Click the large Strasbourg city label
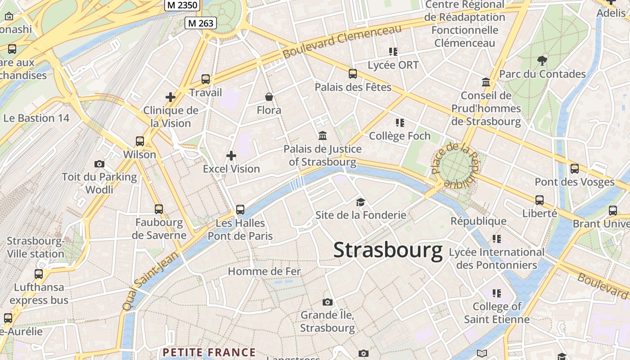click(x=388, y=250)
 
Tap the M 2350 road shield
click(x=182, y=5)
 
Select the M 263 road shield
click(x=201, y=23)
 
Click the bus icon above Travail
click(x=206, y=79)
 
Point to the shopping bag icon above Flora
click(x=269, y=97)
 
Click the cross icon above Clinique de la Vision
click(x=171, y=97)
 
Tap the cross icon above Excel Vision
click(x=231, y=156)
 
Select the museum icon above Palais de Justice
click(x=323, y=135)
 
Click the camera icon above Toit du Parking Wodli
click(x=99, y=164)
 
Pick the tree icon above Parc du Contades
click(x=542, y=60)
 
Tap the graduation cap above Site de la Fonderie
click(x=360, y=202)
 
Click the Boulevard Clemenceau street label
click(x=342, y=41)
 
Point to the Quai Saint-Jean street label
click(x=151, y=281)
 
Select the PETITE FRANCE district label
click(x=209, y=352)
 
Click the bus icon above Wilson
click(x=140, y=141)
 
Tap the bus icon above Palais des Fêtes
click(x=353, y=74)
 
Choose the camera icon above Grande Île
click(x=328, y=302)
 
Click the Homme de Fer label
click(x=264, y=271)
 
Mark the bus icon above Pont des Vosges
click(x=575, y=169)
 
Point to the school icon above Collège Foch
click(x=400, y=122)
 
